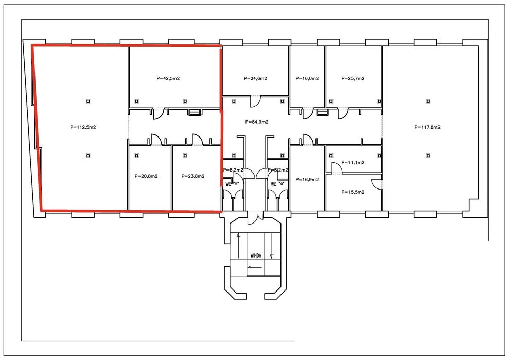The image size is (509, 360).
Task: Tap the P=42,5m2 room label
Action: (x=168, y=79)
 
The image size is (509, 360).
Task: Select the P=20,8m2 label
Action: (x=146, y=176)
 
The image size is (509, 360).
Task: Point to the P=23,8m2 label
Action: (x=193, y=176)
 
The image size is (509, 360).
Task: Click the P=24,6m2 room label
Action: (x=255, y=79)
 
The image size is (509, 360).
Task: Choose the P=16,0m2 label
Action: (x=307, y=79)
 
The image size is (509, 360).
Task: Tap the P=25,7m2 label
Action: (x=353, y=79)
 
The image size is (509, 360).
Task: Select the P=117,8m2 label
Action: (x=428, y=127)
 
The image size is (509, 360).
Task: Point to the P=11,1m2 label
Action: (x=353, y=162)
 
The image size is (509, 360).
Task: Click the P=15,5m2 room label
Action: (x=353, y=192)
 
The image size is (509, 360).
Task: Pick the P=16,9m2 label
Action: (x=307, y=180)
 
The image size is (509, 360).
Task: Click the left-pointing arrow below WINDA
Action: (x=253, y=267)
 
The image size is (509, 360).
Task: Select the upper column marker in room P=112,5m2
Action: (x=88, y=101)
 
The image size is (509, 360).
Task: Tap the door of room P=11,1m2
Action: (x=335, y=167)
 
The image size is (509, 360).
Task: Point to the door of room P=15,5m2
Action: (x=376, y=183)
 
